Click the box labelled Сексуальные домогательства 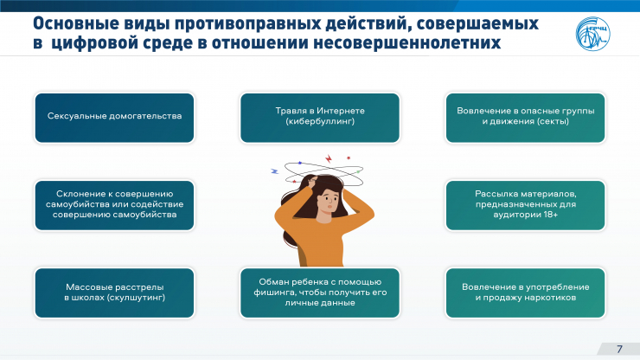point(114,118)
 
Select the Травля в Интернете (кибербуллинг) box point(320,118)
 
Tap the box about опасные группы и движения point(525,118)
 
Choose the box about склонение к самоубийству point(114,205)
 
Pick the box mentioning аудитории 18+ point(525,205)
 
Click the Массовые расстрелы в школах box point(114,292)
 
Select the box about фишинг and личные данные point(320,292)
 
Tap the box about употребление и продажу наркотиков point(525,292)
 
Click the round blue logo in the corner point(592,34)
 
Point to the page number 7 point(619,349)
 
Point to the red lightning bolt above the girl point(329,158)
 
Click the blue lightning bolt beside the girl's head point(275,171)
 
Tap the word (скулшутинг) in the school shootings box point(137,298)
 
